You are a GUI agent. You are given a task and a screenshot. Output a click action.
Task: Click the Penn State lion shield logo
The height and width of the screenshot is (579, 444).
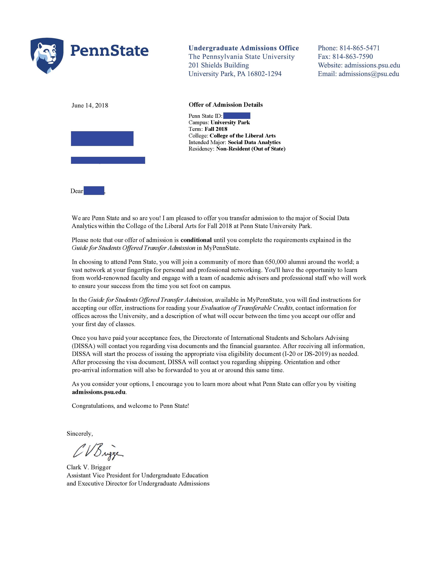pos(47,56)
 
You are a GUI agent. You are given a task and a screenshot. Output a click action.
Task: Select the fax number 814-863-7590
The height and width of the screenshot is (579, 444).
pos(353,57)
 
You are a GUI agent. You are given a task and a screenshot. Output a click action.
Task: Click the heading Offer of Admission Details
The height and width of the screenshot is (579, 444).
pos(226,105)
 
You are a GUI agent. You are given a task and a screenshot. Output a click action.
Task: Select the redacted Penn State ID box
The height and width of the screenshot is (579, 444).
pos(237,116)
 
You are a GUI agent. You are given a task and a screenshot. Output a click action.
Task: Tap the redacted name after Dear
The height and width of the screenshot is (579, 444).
pos(94,191)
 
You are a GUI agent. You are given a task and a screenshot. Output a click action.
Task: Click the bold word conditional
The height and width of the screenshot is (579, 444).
pos(196,240)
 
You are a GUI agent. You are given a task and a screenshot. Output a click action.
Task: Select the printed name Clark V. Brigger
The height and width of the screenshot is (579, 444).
pos(89,467)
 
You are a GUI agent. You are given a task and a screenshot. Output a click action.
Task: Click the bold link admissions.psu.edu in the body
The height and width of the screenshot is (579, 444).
pos(99,392)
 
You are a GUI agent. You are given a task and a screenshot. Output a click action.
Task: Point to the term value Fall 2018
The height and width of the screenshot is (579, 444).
pos(216,129)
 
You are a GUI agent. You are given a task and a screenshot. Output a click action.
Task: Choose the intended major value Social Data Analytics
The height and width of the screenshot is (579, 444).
pos(254,142)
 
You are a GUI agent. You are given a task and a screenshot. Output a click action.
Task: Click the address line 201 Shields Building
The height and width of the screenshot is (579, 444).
pos(219,65)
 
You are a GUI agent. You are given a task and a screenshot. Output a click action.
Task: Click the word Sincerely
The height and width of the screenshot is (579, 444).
pos(80,434)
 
